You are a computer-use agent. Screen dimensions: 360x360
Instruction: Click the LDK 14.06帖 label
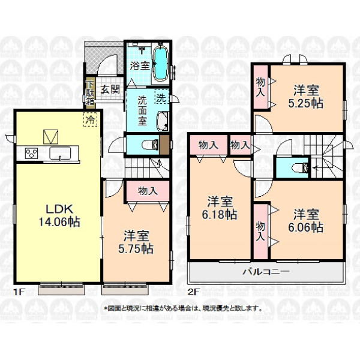pyautogui.click(x=59, y=215)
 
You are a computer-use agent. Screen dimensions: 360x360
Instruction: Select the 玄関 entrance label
pyautogui.click(x=110, y=89)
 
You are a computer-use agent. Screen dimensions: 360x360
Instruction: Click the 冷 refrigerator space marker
pyautogui.click(x=90, y=119)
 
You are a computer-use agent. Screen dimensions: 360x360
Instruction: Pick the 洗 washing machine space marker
pyautogui.click(x=162, y=97)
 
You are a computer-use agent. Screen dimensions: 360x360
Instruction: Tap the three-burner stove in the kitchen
pyautogui.click(x=31, y=153)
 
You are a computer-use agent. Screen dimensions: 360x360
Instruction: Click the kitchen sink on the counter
pyautogui.click(x=60, y=153)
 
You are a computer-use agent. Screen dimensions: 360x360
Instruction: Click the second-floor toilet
pyautogui.click(x=301, y=167)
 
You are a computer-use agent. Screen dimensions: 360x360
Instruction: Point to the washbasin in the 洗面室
pyautogui.click(x=163, y=121)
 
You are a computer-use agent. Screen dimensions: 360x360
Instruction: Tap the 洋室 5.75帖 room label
pyautogui.click(x=136, y=242)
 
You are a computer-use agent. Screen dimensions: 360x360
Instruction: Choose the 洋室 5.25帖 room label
pyautogui.click(x=306, y=97)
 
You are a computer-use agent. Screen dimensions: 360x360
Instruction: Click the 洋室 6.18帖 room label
pyautogui.click(x=220, y=208)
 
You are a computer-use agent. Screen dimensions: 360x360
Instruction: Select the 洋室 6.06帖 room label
pyautogui.click(x=306, y=221)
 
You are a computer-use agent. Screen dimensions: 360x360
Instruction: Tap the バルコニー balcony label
pyautogui.click(x=266, y=272)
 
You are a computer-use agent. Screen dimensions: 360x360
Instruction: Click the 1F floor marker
pyautogui.click(x=19, y=292)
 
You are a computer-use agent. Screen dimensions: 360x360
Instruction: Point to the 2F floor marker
pyautogui.click(x=194, y=292)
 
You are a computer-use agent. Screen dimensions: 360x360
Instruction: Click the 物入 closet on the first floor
pyautogui.click(x=148, y=191)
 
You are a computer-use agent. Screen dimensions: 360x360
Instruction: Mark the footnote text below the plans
pyautogui.click(x=183, y=308)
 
